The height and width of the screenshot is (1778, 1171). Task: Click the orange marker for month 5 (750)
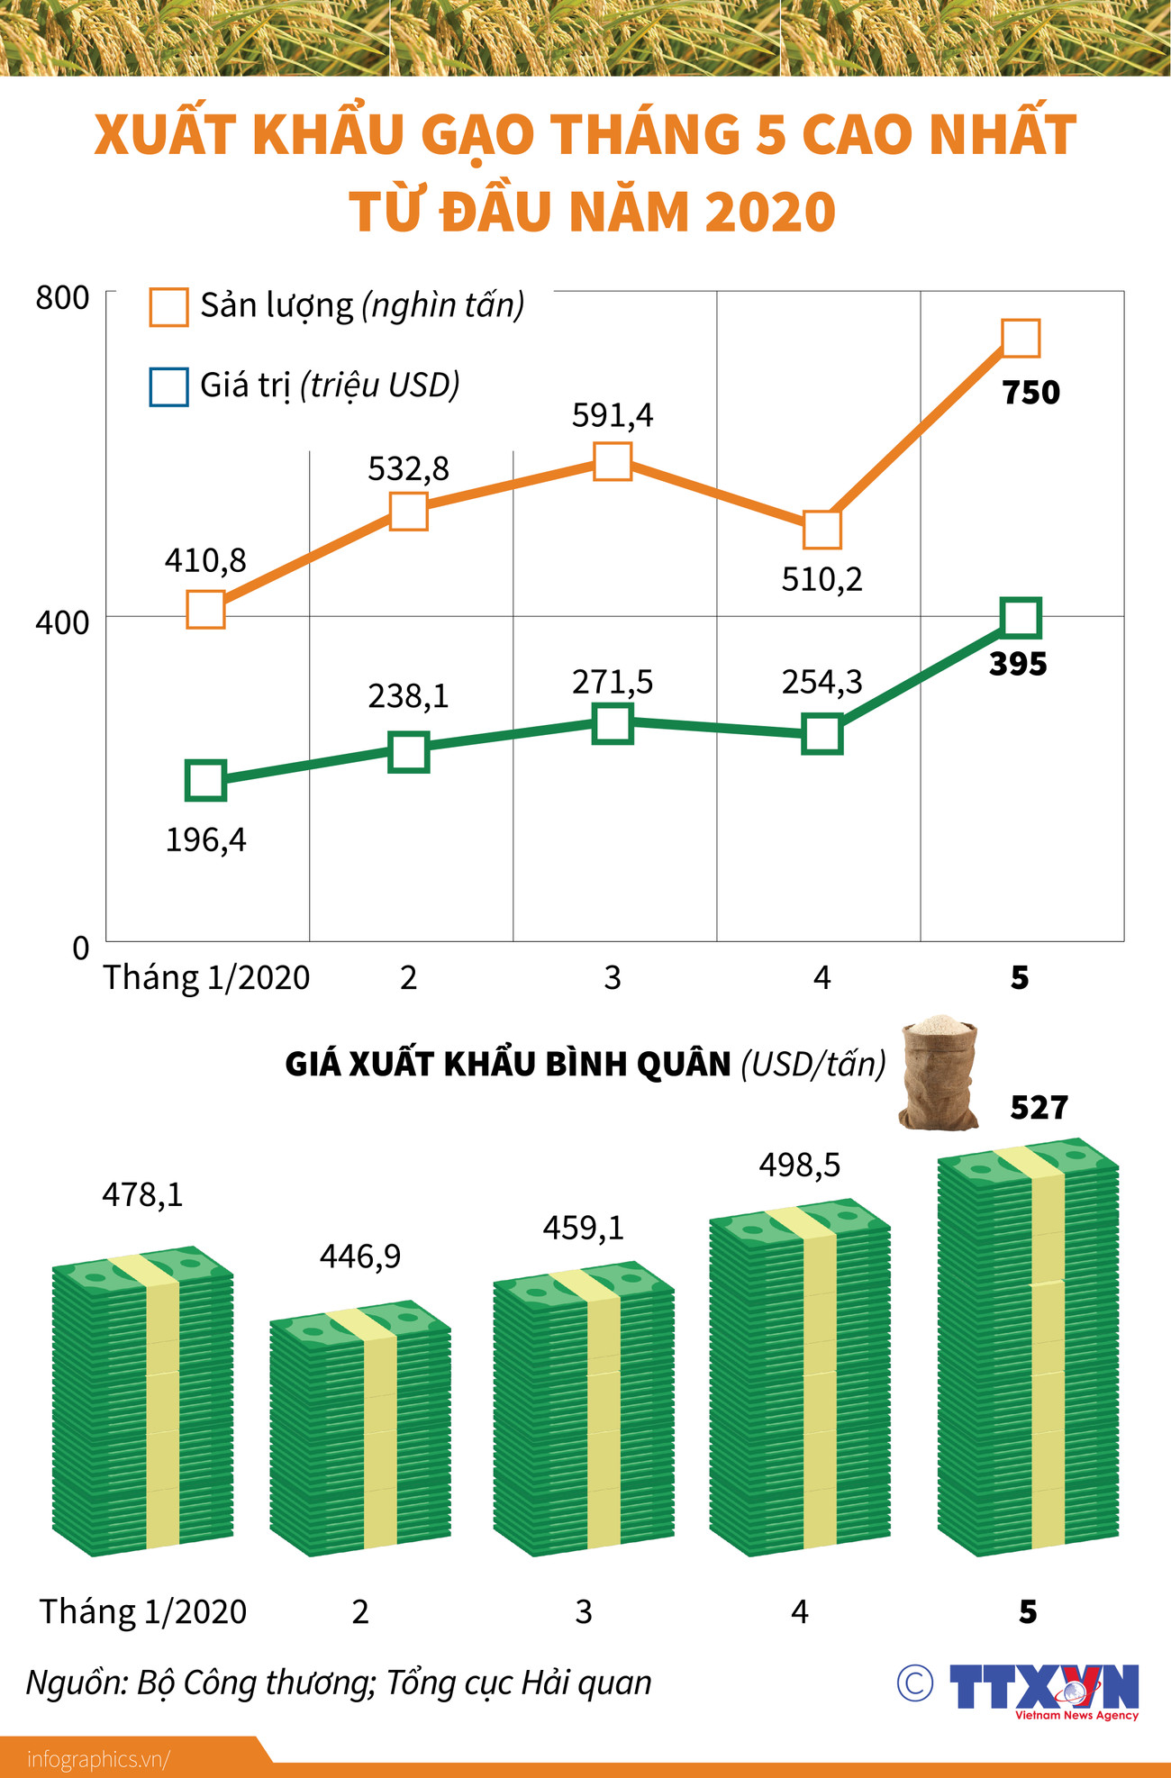(x=1021, y=338)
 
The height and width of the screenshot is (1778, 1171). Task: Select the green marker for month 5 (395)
(x=1021, y=618)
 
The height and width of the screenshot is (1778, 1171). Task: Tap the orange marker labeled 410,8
(x=205, y=610)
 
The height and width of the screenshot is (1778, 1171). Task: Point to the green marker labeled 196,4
(x=205, y=780)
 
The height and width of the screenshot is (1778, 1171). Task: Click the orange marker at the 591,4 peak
(x=613, y=461)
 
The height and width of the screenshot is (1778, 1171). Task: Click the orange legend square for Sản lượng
(x=168, y=306)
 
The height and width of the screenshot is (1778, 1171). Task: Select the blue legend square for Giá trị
(x=168, y=386)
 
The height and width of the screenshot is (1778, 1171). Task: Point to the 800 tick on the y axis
(x=62, y=298)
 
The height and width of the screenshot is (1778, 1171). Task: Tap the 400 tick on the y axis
(x=62, y=622)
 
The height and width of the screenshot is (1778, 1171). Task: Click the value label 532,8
(x=408, y=469)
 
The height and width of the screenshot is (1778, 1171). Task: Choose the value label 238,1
(x=408, y=696)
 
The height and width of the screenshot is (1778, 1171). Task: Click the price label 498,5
(x=799, y=1166)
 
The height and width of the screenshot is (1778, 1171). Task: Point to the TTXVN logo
(x=1045, y=1688)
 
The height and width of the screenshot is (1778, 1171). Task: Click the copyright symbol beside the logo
(x=915, y=1683)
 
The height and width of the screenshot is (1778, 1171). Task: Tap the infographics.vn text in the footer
(x=97, y=1759)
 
